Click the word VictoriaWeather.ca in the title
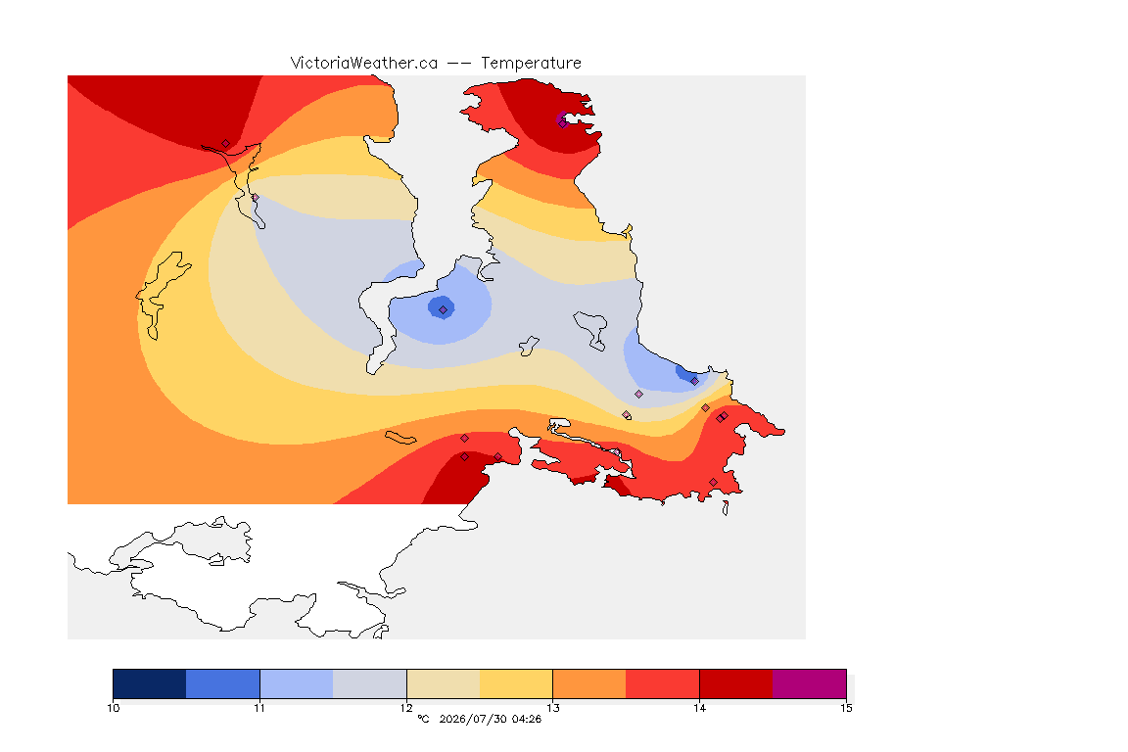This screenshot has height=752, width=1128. pos(364,64)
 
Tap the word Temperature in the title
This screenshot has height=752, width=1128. pos(531,64)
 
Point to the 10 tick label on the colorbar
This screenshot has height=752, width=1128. pos(113,708)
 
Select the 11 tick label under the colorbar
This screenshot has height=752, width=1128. pos(259,708)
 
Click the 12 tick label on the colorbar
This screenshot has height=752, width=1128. pos(406,708)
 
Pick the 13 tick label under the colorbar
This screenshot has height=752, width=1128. pos(552,708)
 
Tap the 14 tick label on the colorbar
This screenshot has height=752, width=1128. pos(699,708)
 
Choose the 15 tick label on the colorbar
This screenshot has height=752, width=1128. pos(846,708)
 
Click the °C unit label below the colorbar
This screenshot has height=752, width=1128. pos(423,719)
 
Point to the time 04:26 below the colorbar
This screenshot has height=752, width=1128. pos(527,719)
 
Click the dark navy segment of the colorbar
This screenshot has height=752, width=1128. pos(150,683)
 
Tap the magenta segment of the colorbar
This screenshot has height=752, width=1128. pos(810,683)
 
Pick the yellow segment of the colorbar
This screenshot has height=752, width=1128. pos(516,683)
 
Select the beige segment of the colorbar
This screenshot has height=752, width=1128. pos(444,683)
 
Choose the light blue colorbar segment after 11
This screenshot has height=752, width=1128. pos(297,683)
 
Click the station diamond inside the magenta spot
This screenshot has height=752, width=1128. pos(562,123)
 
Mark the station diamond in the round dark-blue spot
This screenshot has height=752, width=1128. pos(444,309)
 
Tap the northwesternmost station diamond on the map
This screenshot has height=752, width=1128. pos(225,144)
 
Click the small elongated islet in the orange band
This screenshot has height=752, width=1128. pos(400,438)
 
